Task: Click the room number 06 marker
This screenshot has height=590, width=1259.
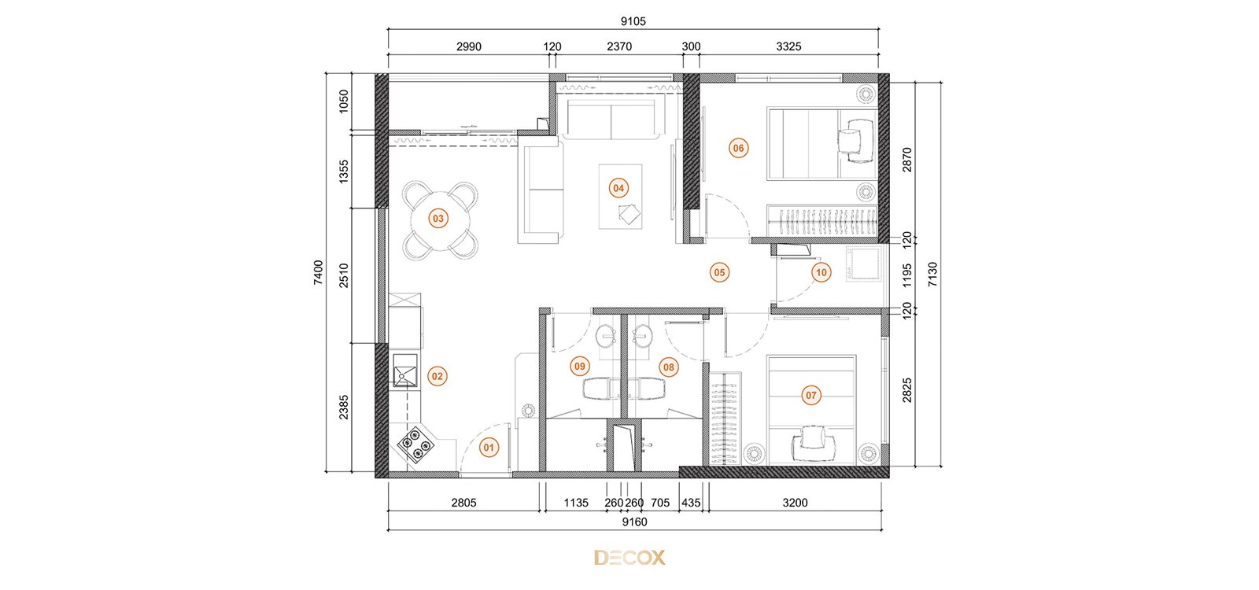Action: click(738, 149)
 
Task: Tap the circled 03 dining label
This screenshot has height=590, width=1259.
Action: click(438, 219)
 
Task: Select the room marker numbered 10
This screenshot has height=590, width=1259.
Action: click(821, 272)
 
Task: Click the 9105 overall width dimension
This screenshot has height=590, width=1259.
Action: click(633, 21)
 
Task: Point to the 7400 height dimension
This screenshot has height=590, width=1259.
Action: click(319, 272)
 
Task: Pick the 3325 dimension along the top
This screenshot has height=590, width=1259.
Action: click(788, 46)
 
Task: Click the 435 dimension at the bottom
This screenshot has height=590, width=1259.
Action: click(691, 503)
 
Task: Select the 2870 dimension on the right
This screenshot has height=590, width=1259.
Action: click(906, 160)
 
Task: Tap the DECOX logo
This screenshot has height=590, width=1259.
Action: click(629, 558)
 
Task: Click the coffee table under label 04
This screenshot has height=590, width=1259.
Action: click(620, 197)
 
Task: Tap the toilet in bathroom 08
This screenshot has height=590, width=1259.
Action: click(646, 389)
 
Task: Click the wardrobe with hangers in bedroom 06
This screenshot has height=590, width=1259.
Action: click(821, 221)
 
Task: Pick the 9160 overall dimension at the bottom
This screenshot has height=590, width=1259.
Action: click(634, 522)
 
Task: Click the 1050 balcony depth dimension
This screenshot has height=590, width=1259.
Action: click(344, 101)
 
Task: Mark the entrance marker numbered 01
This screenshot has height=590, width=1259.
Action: click(489, 448)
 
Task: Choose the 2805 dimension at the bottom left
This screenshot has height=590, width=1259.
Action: click(463, 503)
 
